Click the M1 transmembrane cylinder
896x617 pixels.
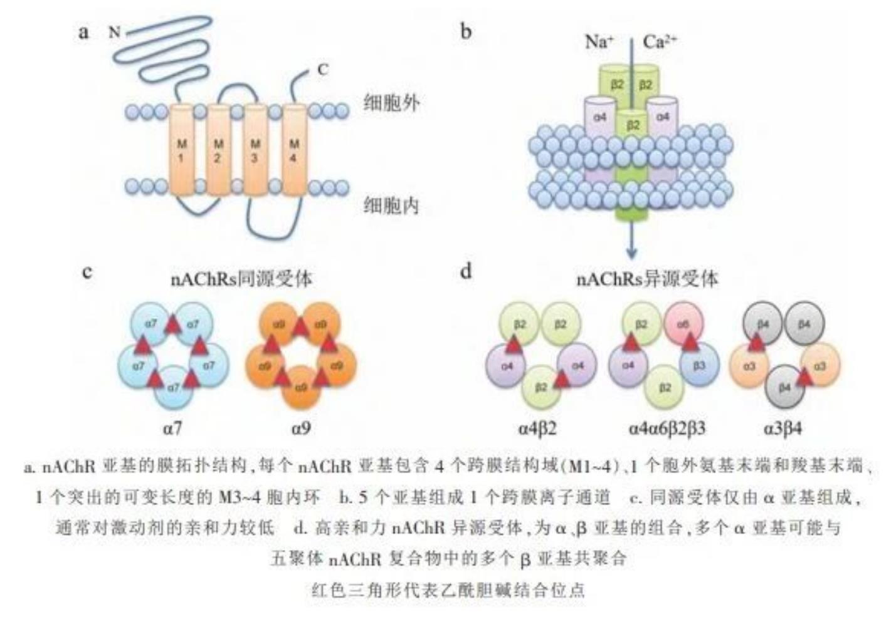point(181,150)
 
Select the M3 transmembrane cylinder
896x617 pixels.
point(255,150)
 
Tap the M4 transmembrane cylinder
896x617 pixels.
point(293,150)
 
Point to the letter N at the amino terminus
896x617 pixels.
point(114,31)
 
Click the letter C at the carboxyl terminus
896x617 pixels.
point(322,70)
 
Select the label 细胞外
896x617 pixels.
point(391,102)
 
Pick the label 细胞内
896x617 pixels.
point(391,205)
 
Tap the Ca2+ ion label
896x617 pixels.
point(660,42)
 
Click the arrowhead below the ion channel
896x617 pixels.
point(631,253)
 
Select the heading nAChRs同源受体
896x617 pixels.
point(241,278)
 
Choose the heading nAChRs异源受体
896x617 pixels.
point(646,278)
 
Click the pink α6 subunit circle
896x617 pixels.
point(683,324)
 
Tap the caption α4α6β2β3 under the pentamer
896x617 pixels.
point(667,429)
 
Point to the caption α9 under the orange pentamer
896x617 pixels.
point(301,429)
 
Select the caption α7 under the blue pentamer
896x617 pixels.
point(172,429)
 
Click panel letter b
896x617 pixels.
point(465,31)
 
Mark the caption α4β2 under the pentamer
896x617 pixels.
point(537,429)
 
